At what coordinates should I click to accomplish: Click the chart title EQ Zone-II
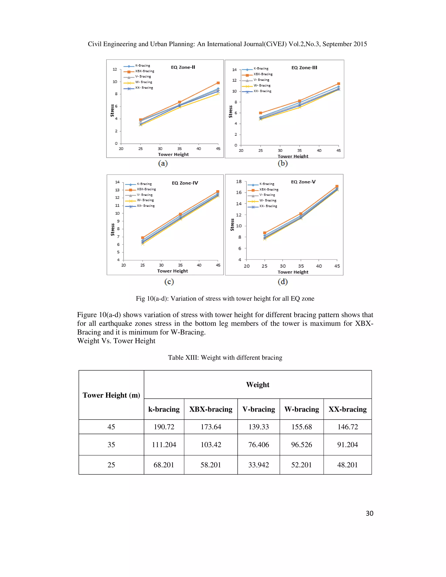pyautogui.click(x=183, y=67)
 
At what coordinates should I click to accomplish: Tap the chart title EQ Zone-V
pyautogui.click(x=303, y=182)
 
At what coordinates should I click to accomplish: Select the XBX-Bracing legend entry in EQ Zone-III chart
pyautogui.click(x=263, y=74)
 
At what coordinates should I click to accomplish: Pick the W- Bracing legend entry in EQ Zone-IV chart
pyautogui.click(x=145, y=200)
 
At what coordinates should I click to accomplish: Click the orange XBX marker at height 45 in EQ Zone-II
pyautogui.click(x=218, y=83)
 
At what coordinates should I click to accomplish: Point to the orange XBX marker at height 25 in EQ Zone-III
pyautogui.click(x=260, y=113)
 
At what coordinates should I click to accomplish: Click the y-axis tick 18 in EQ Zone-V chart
pyautogui.click(x=239, y=182)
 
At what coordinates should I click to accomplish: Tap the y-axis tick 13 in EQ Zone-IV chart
pyautogui.click(x=117, y=190)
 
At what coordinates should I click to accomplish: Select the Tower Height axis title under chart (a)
pyautogui.click(x=173, y=154)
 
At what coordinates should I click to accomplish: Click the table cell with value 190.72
pyautogui.click(x=164, y=427)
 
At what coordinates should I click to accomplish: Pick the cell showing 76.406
pyautogui.click(x=258, y=445)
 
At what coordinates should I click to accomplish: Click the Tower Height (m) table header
pyautogui.click(x=111, y=395)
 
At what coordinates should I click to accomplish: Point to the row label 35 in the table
pyautogui.click(x=111, y=445)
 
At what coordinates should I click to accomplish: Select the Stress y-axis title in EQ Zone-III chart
pyautogui.click(x=230, y=111)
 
